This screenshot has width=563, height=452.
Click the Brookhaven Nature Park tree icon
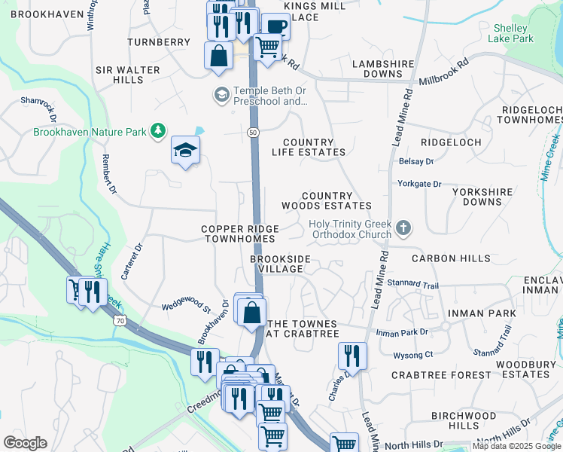(157, 132)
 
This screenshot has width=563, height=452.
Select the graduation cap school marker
(184, 151)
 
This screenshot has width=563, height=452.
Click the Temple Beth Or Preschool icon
(221, 95)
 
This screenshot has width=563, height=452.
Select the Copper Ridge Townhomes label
(240, 234)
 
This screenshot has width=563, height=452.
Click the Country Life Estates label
(308, 147)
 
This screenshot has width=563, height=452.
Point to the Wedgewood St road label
(184, 307)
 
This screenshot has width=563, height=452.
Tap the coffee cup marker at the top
(275, 26)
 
